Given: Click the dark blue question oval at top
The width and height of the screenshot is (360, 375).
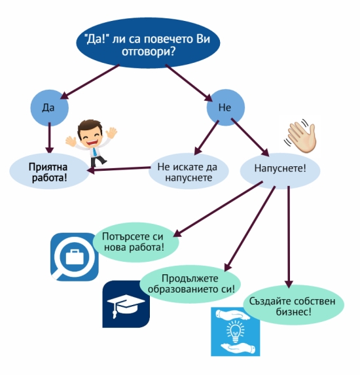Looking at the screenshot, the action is [148, 43].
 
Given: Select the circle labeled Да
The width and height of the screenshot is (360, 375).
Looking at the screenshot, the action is [49, 108].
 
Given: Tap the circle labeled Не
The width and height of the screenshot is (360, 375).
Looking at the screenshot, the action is [226, 107].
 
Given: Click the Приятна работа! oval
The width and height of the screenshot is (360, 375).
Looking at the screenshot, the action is [49, 171].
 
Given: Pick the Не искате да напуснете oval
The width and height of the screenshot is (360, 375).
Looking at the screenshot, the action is [189, 171].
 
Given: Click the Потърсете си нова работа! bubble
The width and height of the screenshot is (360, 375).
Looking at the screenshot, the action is [135, 242].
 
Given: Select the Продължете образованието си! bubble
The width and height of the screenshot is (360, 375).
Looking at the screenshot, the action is [190, 284].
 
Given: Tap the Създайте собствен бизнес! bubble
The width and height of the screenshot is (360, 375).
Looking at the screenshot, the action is [293, 305].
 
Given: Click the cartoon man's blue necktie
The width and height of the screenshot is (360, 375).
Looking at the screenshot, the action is [95, 152].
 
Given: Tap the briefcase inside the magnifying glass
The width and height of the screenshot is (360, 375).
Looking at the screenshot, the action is [75, 257].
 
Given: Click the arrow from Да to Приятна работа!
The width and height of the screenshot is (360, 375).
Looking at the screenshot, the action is [50, 137].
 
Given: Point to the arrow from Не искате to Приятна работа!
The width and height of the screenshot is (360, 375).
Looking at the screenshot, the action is [118, 169].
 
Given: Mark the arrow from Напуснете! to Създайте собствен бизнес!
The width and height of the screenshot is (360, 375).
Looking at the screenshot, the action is [289, 237].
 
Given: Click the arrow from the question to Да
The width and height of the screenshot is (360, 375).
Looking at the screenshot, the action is [90, 82].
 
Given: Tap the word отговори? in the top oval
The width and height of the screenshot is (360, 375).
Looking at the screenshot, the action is [149, 52].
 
